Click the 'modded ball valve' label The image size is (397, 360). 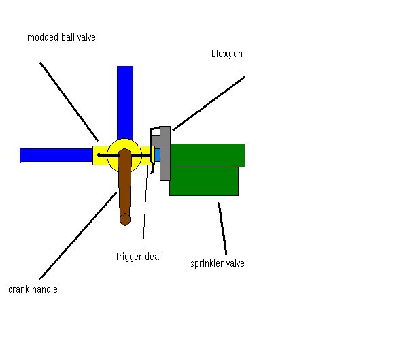61,38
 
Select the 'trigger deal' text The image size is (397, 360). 138,257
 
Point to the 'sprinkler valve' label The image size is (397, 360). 217,263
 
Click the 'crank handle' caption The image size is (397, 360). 33,289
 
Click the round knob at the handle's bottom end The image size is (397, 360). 125,219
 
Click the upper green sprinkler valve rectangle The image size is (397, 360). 207,155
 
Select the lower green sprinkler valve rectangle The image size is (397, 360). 204,182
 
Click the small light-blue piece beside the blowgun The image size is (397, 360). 157,155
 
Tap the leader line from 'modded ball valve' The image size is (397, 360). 69,101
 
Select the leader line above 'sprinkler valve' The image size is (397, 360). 222,228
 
